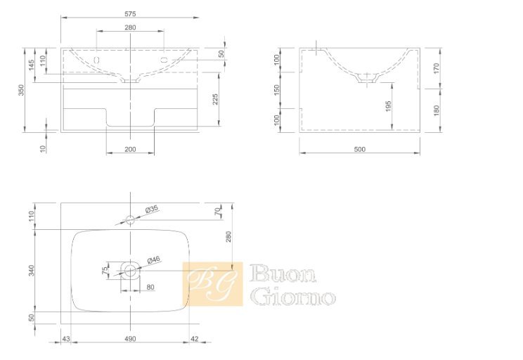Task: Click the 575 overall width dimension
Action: tap(130, 14)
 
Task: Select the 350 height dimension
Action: tap(21, 90)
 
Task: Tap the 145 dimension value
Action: tap(32, 65)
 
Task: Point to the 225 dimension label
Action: tap(215, 99)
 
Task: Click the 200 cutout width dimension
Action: tap(130, 149)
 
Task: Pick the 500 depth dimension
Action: tap(360, 149)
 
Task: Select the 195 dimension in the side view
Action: tap(388, 106)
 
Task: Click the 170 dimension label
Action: tap(437, 68)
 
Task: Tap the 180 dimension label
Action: tap(437, 110)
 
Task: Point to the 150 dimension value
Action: tap(276, 90)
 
